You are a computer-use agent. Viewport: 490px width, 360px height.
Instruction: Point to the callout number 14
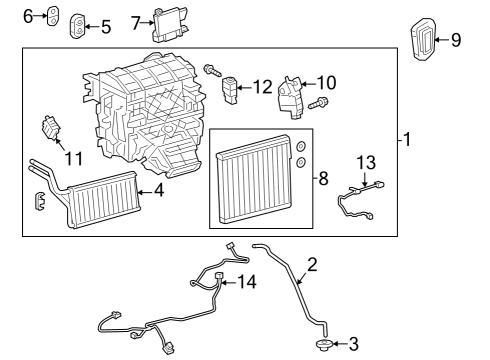(247, 283)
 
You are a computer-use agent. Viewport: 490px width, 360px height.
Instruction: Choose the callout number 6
(28, 15)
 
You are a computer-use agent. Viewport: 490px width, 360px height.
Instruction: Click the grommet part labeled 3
(323, 344)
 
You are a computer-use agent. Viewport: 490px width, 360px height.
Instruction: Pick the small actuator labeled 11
(50, 130)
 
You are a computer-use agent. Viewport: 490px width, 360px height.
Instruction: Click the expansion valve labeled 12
(232, 88)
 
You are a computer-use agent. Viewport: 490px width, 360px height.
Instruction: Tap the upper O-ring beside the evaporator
(299, 146)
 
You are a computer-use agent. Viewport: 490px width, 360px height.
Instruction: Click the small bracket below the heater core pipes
(40, 201)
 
